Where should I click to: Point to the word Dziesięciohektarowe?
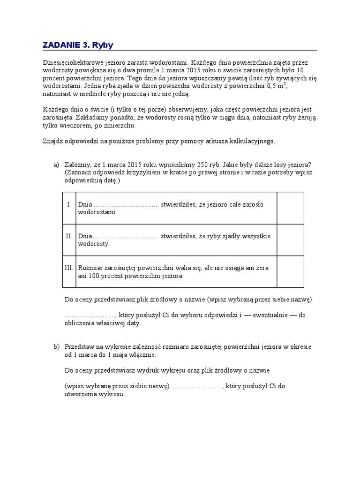tap(70, 62)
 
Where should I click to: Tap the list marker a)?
tap(57, 164)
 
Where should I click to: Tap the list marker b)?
tap(57, 346)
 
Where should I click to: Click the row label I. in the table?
tap(69, 204)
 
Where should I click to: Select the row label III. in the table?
tap(69, 268)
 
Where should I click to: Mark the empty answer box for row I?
tap(290, 208)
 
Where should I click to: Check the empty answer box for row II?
tap(290, 240)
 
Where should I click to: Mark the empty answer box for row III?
tap(290, 271)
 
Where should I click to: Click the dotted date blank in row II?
tap(127, 236)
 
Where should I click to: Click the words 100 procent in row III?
tap(105, 276)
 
